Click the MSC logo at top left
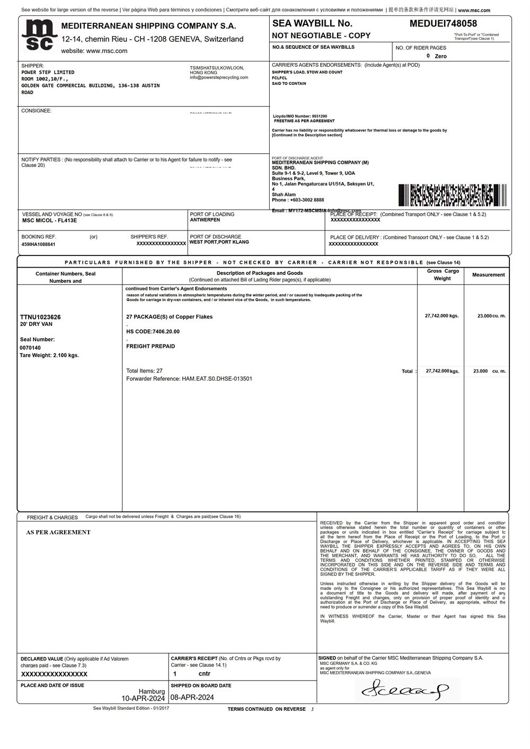[x=39, y=36]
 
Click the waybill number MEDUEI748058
[x=443, y=23]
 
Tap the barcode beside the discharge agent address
[x=452, y=195]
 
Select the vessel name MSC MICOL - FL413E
[x=49, y=221]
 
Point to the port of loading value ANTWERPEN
[x=205, y=220]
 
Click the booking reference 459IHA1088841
[x=38, y=244]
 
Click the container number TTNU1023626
[x=40, y=317]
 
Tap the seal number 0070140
[x=30, y=348]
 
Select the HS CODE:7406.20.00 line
[x=153, y=331]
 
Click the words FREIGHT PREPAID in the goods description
[x=151, y=346]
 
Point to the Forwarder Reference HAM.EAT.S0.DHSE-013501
[x=189, y=378]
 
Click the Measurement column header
[x=488, y=275]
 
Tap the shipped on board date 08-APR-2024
[x=192, y=697]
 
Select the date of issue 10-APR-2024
[x=143, y=698]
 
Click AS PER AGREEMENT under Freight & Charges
[x=58, y=532]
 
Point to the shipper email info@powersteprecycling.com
[x=219, y=77]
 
